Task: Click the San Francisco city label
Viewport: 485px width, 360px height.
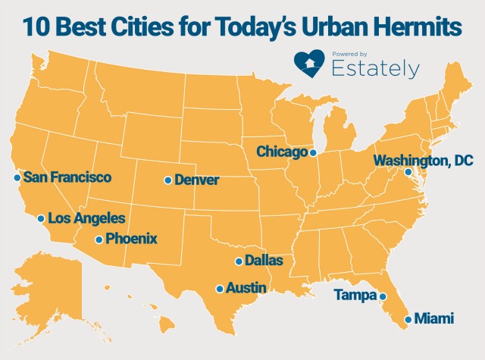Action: point(67,177)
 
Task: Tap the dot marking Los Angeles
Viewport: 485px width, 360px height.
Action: point(40,218)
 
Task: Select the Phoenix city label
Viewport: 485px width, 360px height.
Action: point(131,239)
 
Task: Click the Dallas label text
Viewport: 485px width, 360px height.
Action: point(264,261)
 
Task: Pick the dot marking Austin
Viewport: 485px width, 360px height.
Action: point(220,289)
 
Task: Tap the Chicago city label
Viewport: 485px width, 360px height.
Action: point(282,152)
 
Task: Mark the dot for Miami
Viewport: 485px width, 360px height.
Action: point(408,319)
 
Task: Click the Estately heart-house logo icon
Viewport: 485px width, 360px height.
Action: point(310,64)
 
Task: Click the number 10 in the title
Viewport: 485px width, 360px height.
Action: point(36,27)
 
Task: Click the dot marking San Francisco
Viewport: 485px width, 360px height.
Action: point(17,177)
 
